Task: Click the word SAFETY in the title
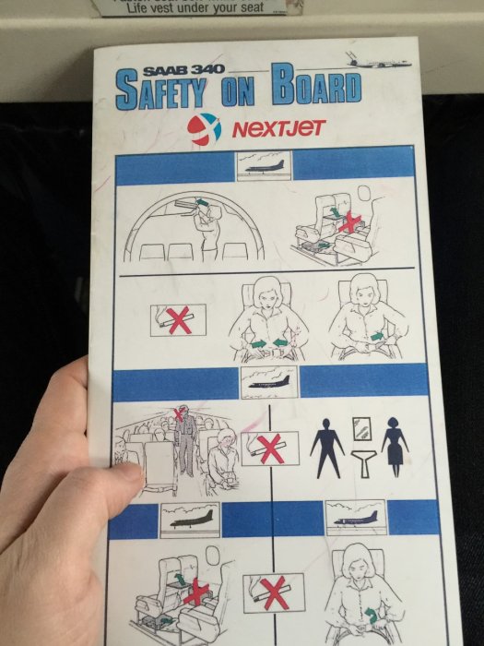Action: tap(161, 90)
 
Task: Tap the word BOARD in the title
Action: tap(316, 85)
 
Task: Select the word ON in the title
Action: tap(238, 91)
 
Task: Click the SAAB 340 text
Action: tap(183, 69)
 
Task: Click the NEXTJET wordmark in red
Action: tap(279, 128)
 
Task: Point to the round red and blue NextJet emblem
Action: tap(204, 129)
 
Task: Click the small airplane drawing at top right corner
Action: tap(378, 61)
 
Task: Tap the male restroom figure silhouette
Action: tap(327, 449)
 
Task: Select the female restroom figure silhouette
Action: tap(395, 447)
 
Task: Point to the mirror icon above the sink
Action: tap(361, 429)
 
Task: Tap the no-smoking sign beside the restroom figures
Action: tap(270, 449)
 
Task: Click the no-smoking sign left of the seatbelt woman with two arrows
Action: tap(178, 320)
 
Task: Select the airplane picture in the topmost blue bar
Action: tap(264, 165)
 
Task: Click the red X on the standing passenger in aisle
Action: tap(179, 413)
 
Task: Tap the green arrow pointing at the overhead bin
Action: tap(201, 202)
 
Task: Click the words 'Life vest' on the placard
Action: tap(149, 7)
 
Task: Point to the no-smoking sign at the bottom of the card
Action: tap(274, 592)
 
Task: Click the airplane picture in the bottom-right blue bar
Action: tap(356, 518)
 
